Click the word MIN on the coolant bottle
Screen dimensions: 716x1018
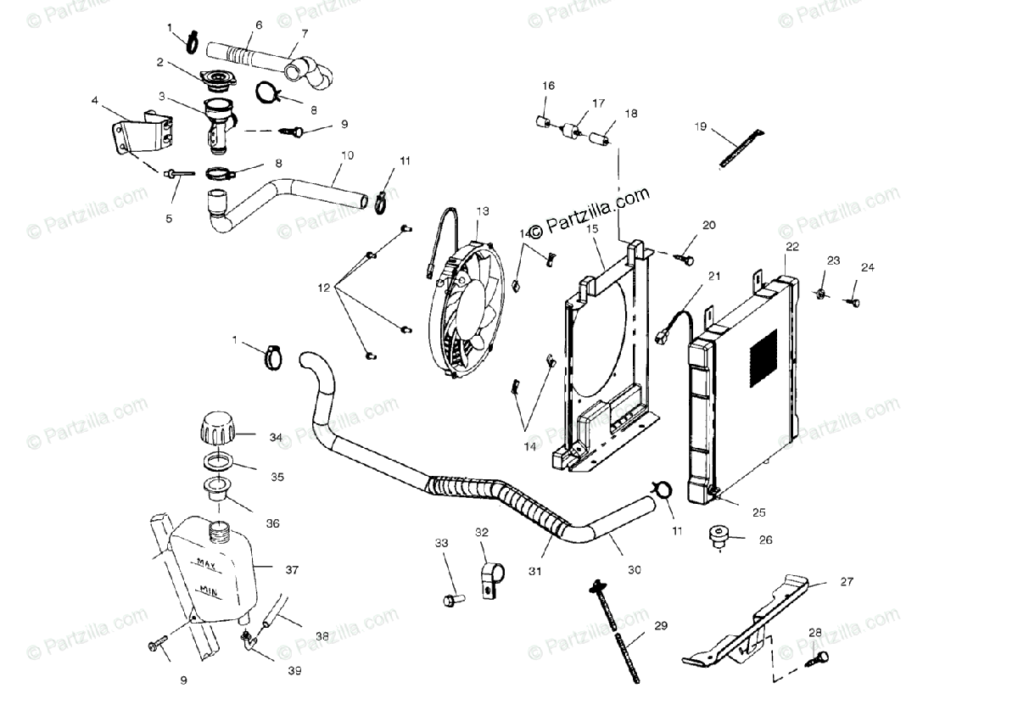[209, 588]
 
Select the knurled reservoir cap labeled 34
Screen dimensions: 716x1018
[218, 429]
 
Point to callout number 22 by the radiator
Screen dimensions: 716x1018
[791, 247]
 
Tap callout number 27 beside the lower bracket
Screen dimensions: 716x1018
[846, 582]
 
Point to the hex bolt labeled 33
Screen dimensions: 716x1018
[449, 600]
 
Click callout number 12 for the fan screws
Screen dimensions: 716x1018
[322, 288]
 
